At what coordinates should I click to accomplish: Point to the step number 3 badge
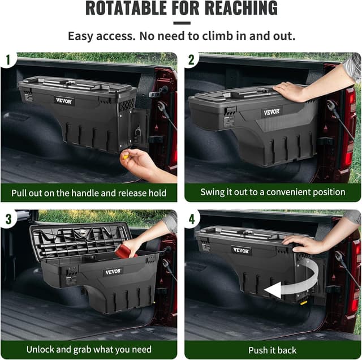pos(8,217)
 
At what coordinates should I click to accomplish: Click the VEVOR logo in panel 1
pos(64,100)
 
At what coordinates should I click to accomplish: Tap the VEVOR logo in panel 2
pos(271,112)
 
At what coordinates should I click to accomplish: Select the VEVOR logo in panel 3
pos(113,272)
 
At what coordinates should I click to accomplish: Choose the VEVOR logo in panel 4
pos(242,250)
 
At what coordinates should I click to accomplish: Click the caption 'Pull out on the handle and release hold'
pos(89,192)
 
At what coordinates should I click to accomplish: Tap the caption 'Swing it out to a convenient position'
pos(273,192)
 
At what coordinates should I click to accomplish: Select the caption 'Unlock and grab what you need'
pos(89,349)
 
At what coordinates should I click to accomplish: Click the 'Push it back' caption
pos(273,350)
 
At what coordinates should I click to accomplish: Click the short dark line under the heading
pos(181,23)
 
